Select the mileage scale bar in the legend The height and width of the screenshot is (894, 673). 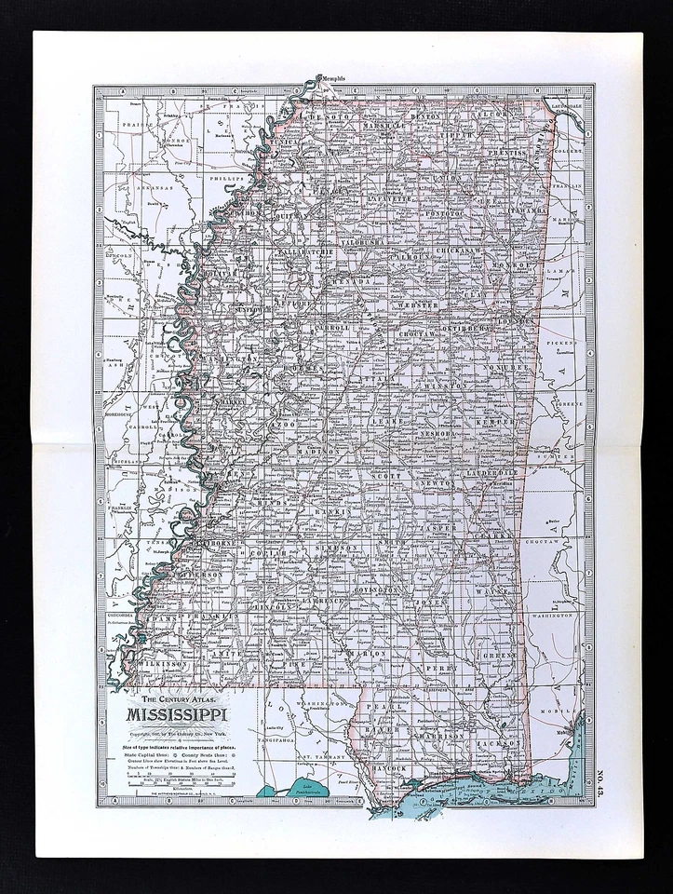click(174, 776)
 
